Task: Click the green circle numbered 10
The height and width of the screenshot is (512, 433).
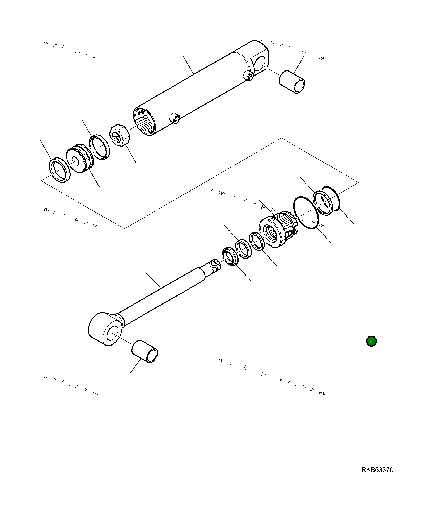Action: point(371,342)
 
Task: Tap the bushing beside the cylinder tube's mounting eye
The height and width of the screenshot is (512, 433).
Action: point(292,81)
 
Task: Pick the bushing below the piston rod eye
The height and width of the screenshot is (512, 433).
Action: point(145,351)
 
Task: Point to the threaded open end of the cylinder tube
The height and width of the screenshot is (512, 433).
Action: point(144,121)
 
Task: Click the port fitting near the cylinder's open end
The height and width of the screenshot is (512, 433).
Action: point(175,118)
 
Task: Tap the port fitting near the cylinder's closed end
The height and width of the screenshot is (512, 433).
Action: point(249,76)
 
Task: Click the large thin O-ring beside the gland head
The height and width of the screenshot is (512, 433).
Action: point(306,213)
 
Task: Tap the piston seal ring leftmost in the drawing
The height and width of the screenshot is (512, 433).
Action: point(60,170)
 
